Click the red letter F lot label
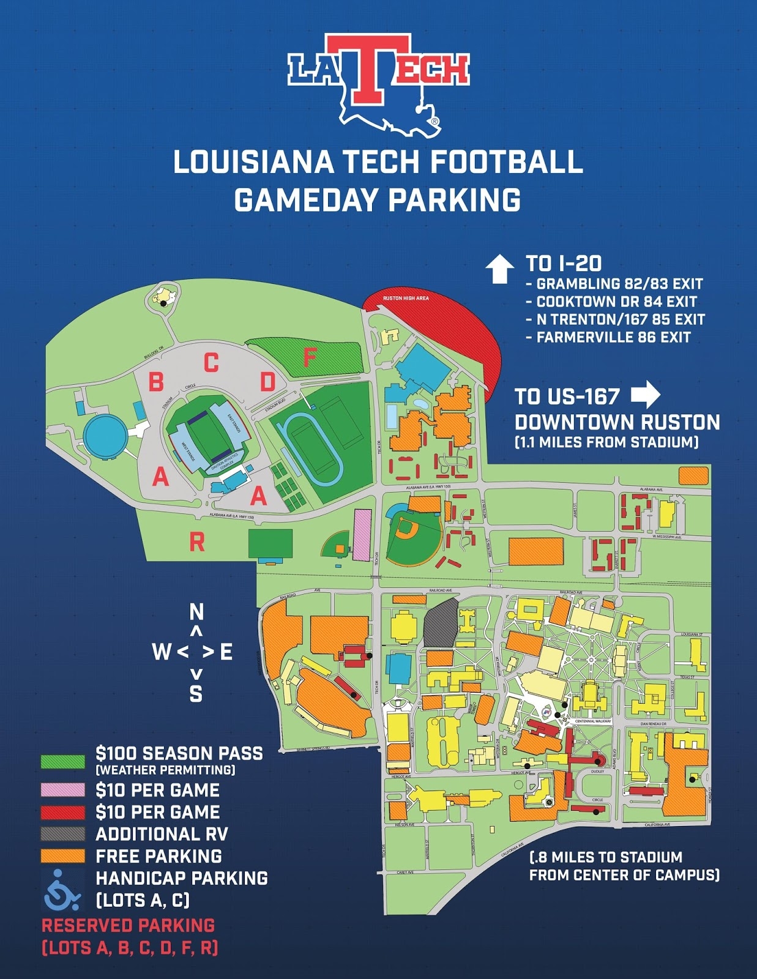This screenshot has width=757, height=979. click(310, 357)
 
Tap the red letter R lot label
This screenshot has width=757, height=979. click(196, 542)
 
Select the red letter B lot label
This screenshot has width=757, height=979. click(157, 382)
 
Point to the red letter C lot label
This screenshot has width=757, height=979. click(211, 363)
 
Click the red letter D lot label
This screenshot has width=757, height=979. click(268, 382)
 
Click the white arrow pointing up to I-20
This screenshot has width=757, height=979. click(499, 269)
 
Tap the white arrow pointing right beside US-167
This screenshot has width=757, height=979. click(646, 395)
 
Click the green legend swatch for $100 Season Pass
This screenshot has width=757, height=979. click(62, 761)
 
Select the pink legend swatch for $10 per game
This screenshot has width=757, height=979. click(62, 790)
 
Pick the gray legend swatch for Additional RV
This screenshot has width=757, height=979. click(62, 834)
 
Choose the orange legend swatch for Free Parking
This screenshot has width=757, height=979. click(62, 856)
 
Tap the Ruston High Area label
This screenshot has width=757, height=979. click(406, 298)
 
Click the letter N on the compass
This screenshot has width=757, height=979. click(196, 612)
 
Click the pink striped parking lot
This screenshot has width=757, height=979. click(362, 535)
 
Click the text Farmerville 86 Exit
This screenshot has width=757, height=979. click(613, 337)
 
